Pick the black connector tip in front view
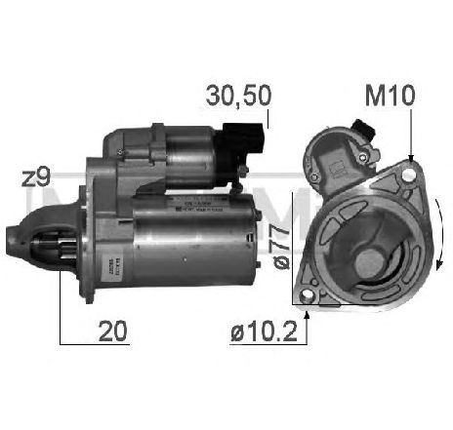363,128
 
